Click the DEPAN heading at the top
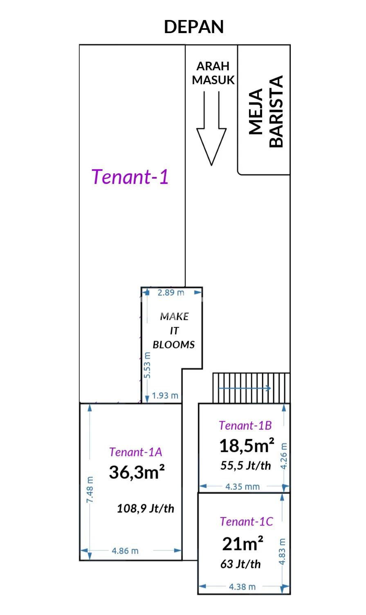[194, 27]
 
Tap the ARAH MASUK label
[213, 73]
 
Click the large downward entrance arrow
[211, 128]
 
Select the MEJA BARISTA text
[265, 112]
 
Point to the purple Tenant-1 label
[130, 177]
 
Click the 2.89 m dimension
[171, 293]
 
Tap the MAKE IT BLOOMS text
[174, 330]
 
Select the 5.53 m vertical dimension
[147, 365]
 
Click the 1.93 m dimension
[165, 396]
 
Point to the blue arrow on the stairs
[245, 388]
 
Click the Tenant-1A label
[136, 452]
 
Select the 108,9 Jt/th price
[146, 509]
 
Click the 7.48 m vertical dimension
[90, 490]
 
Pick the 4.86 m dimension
[125, 551]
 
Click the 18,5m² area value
[247, 446]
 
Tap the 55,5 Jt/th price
[246, 466]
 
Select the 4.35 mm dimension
[243, 487]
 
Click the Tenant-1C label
[247, 522]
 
